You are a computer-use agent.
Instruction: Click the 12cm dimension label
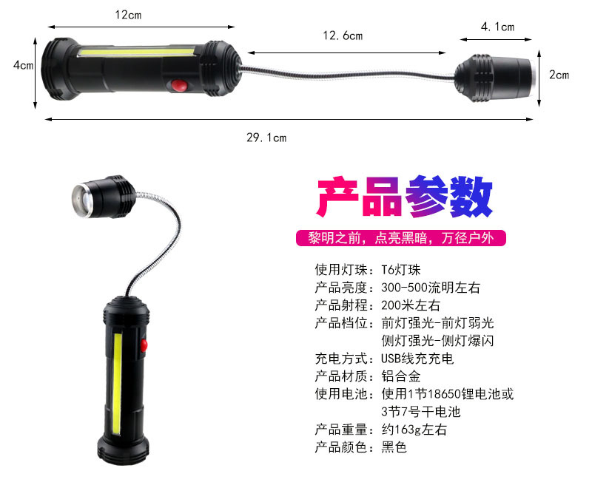pos(128,15)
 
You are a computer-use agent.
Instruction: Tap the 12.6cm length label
pos(343,35)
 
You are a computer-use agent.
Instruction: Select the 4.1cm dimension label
pos(497,27)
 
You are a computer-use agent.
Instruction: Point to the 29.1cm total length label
pos(266,138)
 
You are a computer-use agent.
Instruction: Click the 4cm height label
pos(24,65)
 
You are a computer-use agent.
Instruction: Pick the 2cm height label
pos(559,75)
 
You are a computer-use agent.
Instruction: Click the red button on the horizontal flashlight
pos(179,86)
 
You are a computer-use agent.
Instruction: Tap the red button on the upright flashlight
pos(144,345)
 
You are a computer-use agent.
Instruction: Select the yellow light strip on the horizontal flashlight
pos(136,51)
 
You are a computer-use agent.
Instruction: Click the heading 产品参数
pos(404,197)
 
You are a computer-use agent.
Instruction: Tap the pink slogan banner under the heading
pos(400,238)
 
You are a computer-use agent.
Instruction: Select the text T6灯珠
pos(400,270)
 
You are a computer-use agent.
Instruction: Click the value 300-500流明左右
pos(431,288)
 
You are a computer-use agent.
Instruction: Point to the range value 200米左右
pos(411,305)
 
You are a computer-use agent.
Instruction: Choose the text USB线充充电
pos(417,359)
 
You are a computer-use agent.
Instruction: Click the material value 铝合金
pos(400,376)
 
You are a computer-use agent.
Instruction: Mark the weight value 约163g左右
pos(414,430)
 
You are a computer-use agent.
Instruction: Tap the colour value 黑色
pos(394,447)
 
